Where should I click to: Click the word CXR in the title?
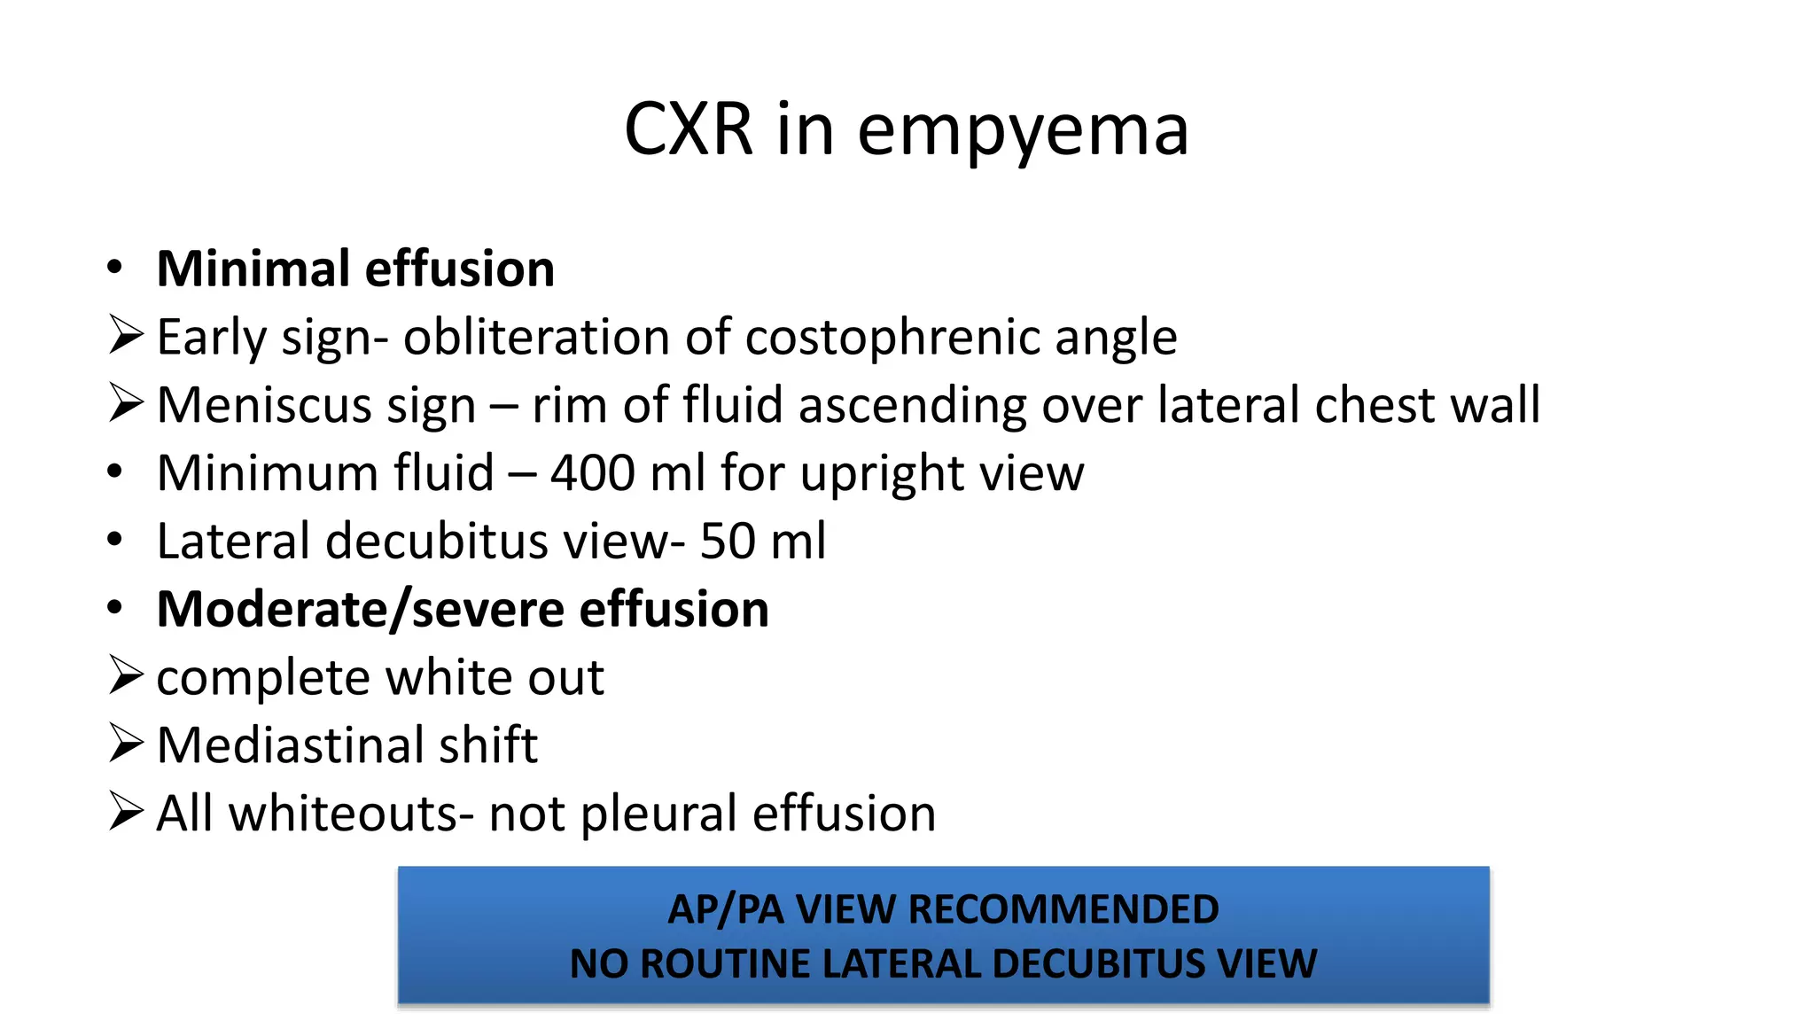[689, 129]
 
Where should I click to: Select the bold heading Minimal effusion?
[355, 269]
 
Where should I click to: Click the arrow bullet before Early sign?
[126, 336]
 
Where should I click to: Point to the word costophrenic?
[893, 338]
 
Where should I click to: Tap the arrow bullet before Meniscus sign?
[126, 404]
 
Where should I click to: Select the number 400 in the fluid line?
[591, 472]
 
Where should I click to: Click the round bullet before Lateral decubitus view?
[114, 540]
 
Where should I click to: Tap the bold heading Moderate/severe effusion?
[463, 609]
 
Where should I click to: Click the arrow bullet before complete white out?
[126, 676]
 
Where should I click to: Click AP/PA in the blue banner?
[725, 909]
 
